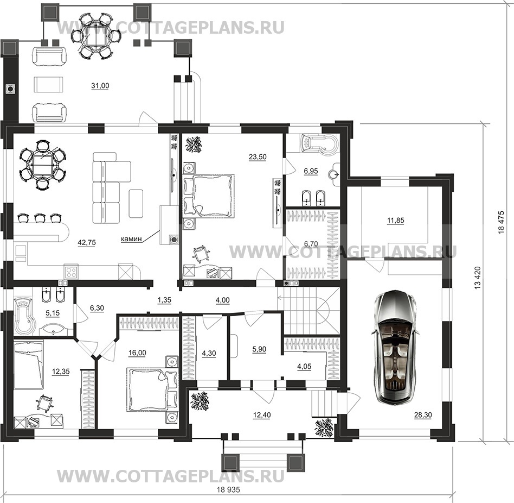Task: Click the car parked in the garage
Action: [x=395, y=347]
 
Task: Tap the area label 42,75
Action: [x=87, y=243]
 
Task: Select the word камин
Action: [x=131, y=238]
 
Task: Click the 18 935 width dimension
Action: [x=228, y=490]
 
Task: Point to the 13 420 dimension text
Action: [x=477, y=278]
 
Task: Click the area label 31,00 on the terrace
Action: [x=100, y=86]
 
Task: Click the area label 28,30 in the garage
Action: [x=423, y=415]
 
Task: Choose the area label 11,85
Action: [x=396, y=221]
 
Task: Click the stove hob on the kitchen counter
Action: [x=71, y=271]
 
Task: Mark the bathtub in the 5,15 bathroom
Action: [x=24, y=314]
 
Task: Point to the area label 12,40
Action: [x=262, y=416]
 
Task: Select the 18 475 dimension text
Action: [x=501, y=222]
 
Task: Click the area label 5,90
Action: [x=259, y=349]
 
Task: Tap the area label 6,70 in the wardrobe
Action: [x=311, y=244]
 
